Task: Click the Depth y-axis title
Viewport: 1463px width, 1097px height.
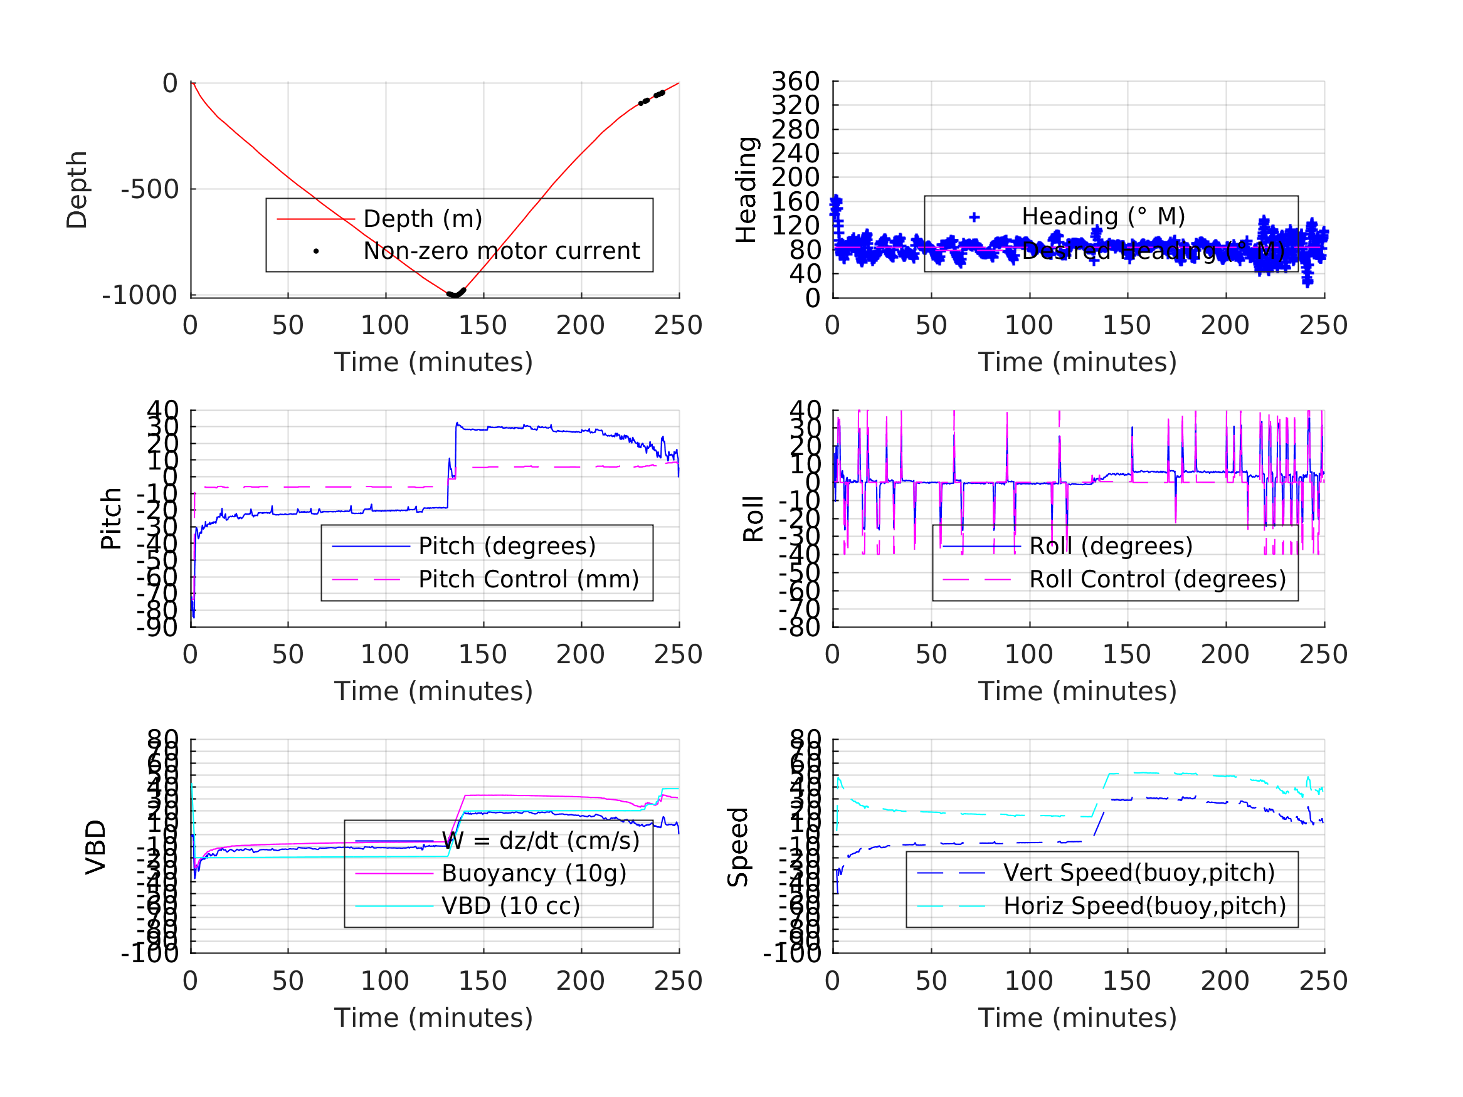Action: (77, 190)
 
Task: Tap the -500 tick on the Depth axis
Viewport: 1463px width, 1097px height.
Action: (150, 190)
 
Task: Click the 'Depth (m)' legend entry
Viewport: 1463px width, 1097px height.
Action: (423, 219)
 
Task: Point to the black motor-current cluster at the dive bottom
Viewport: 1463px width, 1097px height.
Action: (456, 293)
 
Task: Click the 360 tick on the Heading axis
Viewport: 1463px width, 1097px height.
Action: (795, 81)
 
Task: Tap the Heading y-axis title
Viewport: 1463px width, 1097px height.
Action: (746, 190)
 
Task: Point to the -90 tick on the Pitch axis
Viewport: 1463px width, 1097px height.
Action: (157, 627)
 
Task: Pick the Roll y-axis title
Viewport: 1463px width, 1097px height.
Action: (753, 519)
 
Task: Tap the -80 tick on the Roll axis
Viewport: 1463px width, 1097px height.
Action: (800, 627)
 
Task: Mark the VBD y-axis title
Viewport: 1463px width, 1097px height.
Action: (96, 848)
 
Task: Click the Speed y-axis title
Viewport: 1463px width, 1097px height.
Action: (738, 848)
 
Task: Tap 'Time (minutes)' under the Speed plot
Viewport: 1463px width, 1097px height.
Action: (1077, 1017)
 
